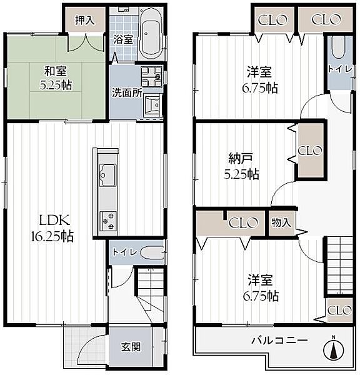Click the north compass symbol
click(x=332, y=349)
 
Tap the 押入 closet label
click(x=85, y=20)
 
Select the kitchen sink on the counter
click(x=107, y=172)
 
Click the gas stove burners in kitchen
click(x=107, y=219)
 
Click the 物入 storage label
click(x=281, y=222)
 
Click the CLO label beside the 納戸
click(x=309, y=151)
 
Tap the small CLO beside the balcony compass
click(x=339, y=310)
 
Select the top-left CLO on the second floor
click(x=274, y=19)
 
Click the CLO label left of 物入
click(x=243, y=222)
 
